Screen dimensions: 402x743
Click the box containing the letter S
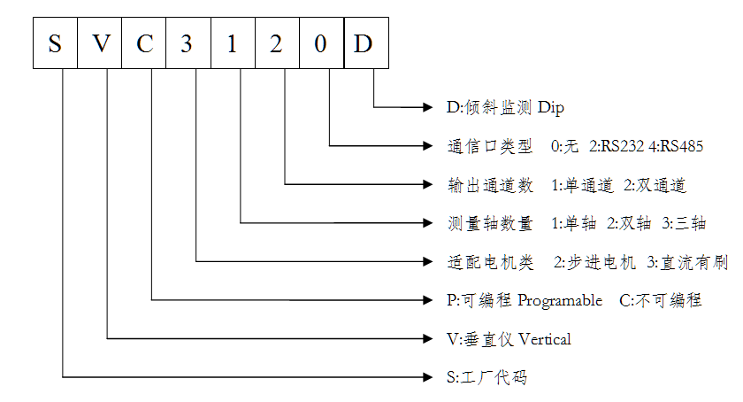point(55,44)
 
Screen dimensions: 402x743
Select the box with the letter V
point(99,44)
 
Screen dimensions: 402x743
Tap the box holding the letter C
point(143,44)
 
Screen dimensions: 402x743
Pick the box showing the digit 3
point(188,44)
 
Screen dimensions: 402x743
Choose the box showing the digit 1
point(232,44)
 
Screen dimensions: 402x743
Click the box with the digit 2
point(276,44)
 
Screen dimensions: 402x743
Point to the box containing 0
point(320,44)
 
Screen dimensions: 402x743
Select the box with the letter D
point(364,44)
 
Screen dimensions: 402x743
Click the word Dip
point(549,108)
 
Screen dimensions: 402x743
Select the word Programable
point(560,300)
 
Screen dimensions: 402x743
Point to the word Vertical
point(545,338)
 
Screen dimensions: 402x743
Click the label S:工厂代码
point(487,377)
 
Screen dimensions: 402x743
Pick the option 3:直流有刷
point(687,261)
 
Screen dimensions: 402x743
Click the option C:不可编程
point(661,300)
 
